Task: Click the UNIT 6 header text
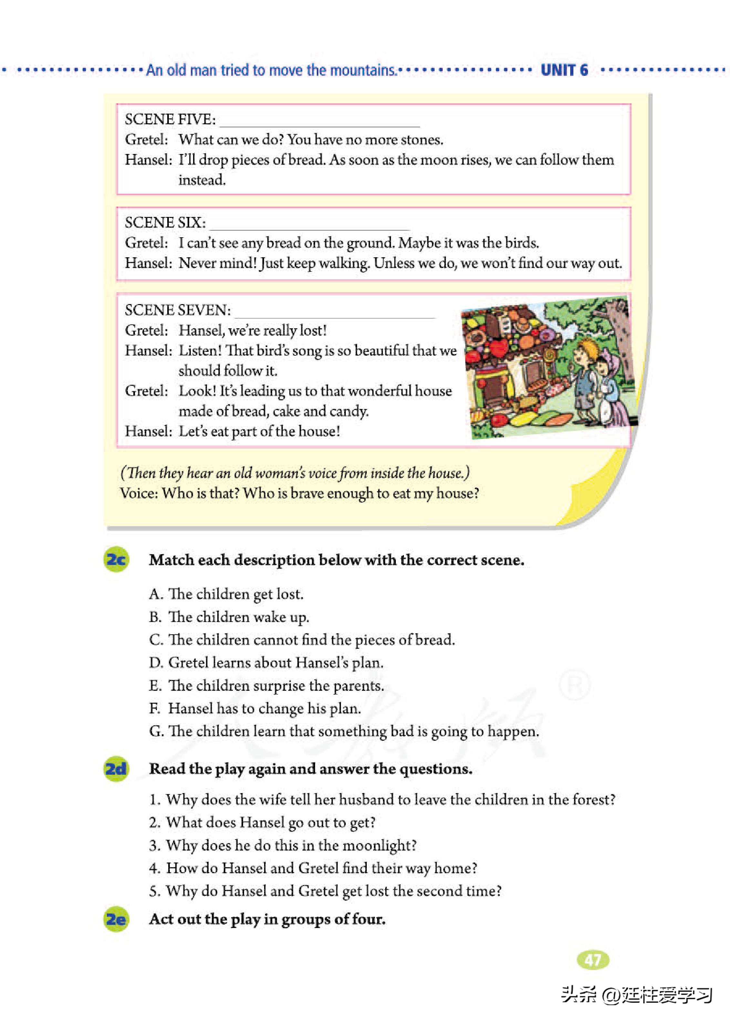(564, 70)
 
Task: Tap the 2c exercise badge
(116, 559)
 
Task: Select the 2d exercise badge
(116, 769)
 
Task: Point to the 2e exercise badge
(116, 919)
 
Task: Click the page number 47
(593, 960)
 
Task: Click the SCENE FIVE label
(170, 119)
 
